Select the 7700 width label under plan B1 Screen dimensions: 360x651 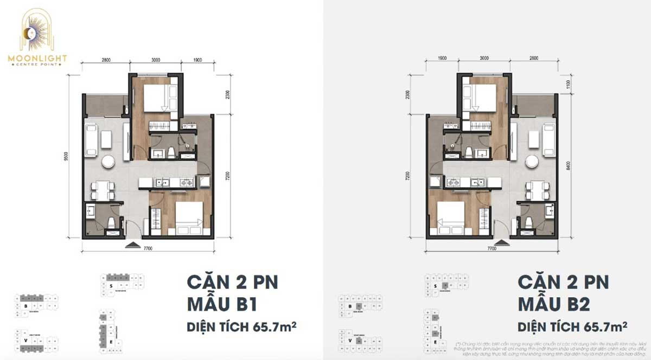point(148,248)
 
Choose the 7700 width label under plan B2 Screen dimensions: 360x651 point(492,248)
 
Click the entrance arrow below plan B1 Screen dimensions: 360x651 point(132,245)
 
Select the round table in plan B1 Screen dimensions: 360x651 point(107,162)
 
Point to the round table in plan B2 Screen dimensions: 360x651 point(533,162)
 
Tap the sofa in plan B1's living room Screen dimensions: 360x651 point(91,138)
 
